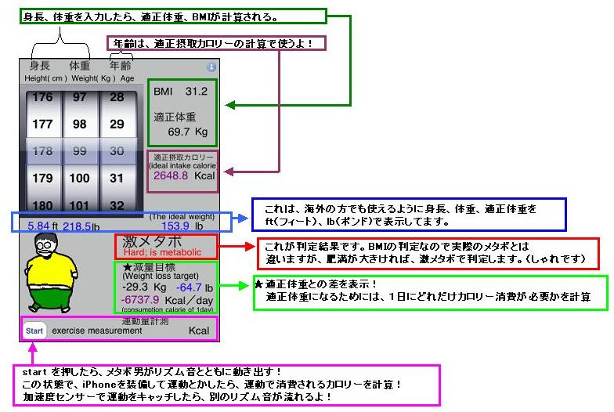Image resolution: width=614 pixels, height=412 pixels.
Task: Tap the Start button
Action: pyautogui.click(x=34, y=331)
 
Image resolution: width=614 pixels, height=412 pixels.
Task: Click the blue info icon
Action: pyautogui.click(x=211, y=67)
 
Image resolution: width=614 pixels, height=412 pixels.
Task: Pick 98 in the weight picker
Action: pyautogui.click(x=79, y=125)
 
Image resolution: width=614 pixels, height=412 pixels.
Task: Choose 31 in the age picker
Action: pyautogui.click(x=117, y=178)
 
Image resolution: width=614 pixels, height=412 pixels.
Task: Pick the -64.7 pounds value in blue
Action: pyautogui.click(x=186, y=287)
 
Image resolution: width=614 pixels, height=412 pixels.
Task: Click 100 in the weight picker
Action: pyautogui.click(x=79, y=178)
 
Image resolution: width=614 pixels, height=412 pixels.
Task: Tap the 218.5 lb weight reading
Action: pyautogui.click(x=81, y=226)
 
